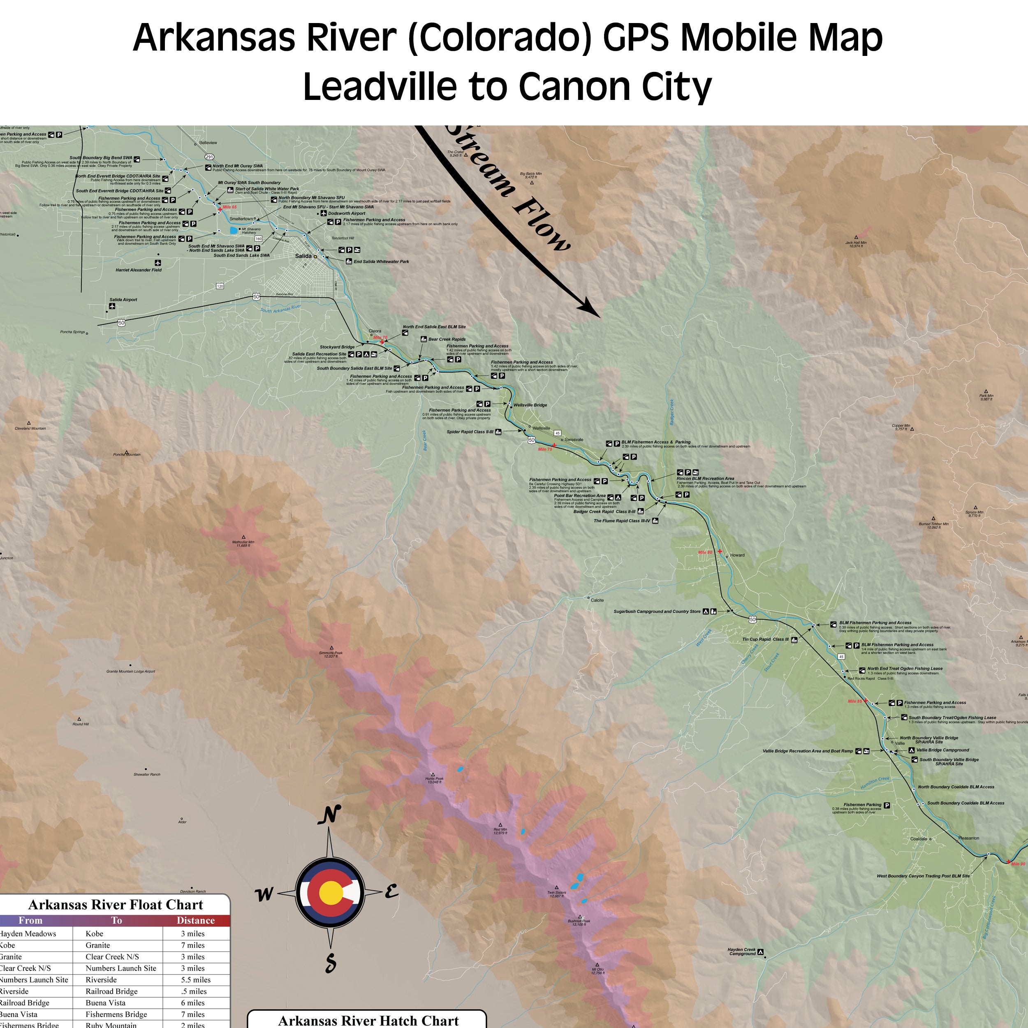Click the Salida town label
(303, 256)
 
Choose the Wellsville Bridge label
(530, 405)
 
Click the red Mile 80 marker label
(705, 552)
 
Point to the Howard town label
(737, 555)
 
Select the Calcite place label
(597, 600)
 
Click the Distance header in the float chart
(195, 921)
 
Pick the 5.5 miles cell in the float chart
(195, 979)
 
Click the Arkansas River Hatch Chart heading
(368, 1021)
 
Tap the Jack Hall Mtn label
(856, 244)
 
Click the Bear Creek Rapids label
(447, 339)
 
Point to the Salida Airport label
(123, 300)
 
